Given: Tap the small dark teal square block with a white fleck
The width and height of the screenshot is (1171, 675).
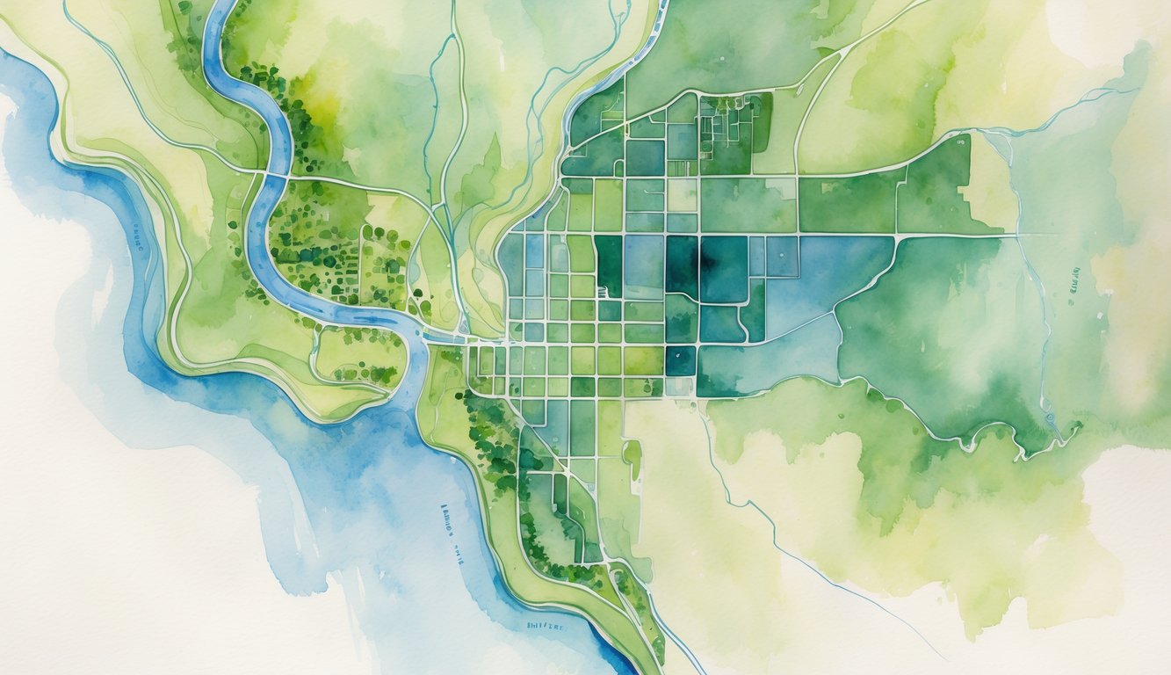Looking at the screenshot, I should [680, 360].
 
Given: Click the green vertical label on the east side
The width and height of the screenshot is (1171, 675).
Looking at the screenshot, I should [1076, 280].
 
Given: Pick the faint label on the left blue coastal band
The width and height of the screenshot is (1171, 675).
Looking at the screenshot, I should [139, 237].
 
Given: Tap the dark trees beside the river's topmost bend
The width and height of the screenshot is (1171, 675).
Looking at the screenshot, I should [255, 79].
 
